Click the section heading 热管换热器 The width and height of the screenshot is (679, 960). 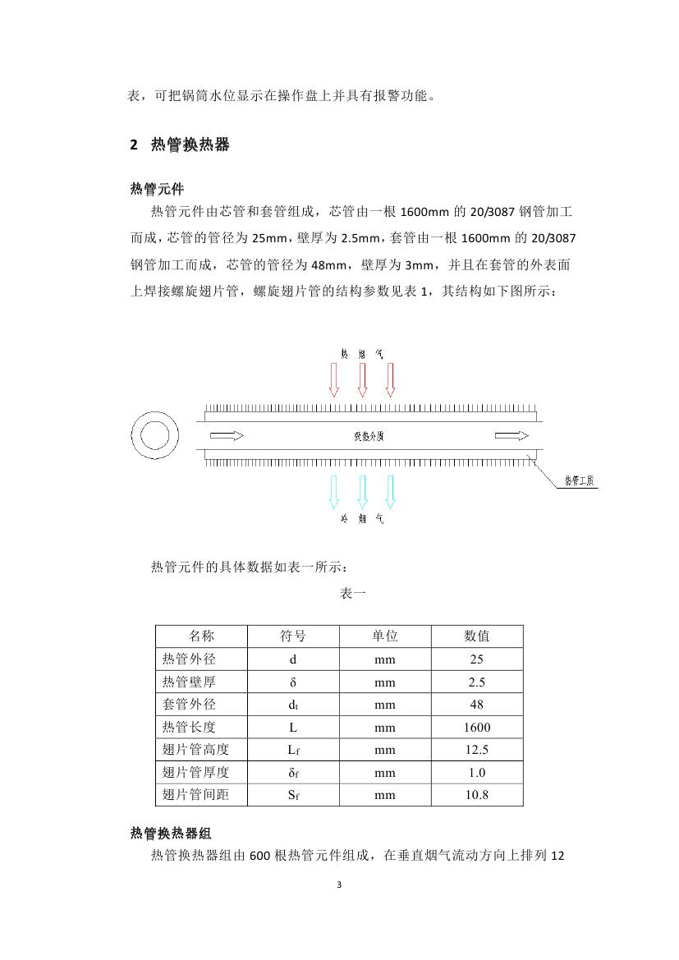pyautogui.click(x=190, y=145)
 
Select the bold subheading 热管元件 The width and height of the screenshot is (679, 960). pyautogui.click(x=157, y=190)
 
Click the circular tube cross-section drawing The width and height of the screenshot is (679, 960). pyautogui.click(x=154, y=434)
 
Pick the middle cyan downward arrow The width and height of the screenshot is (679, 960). pyautogui.click(x=362, y=492)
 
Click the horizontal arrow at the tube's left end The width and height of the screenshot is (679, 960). pyautogui.click(x=226, y=435)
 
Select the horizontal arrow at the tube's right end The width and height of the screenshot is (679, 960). pyautogui.click(x=509, y=435)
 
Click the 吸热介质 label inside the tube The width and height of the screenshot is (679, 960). pyautogui.click(x=369, y=436)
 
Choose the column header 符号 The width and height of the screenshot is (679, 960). pyautogui.click(x=293, y=636)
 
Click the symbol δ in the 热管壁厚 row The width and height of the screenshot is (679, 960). pyautogui.click(x=293, y=682)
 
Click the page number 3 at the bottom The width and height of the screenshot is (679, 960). pyautogui.click(x=339, y=885)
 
